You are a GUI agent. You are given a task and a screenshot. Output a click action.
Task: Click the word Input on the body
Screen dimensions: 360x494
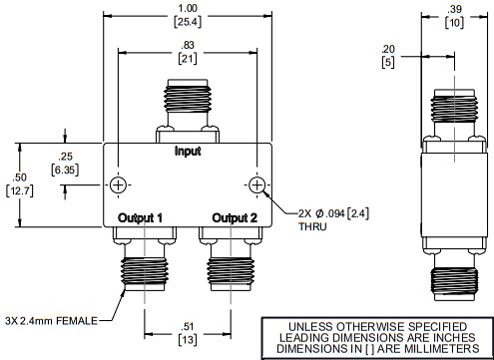tap(188, 152)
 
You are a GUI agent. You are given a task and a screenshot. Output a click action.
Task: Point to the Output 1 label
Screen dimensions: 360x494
tap(140, 216)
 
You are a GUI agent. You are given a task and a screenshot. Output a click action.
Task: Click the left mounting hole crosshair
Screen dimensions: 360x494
tap(119, 186)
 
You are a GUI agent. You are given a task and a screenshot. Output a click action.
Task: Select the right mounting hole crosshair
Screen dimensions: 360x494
tap(257, 186)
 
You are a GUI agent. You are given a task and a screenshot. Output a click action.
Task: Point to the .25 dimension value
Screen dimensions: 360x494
tap(67, 158)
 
